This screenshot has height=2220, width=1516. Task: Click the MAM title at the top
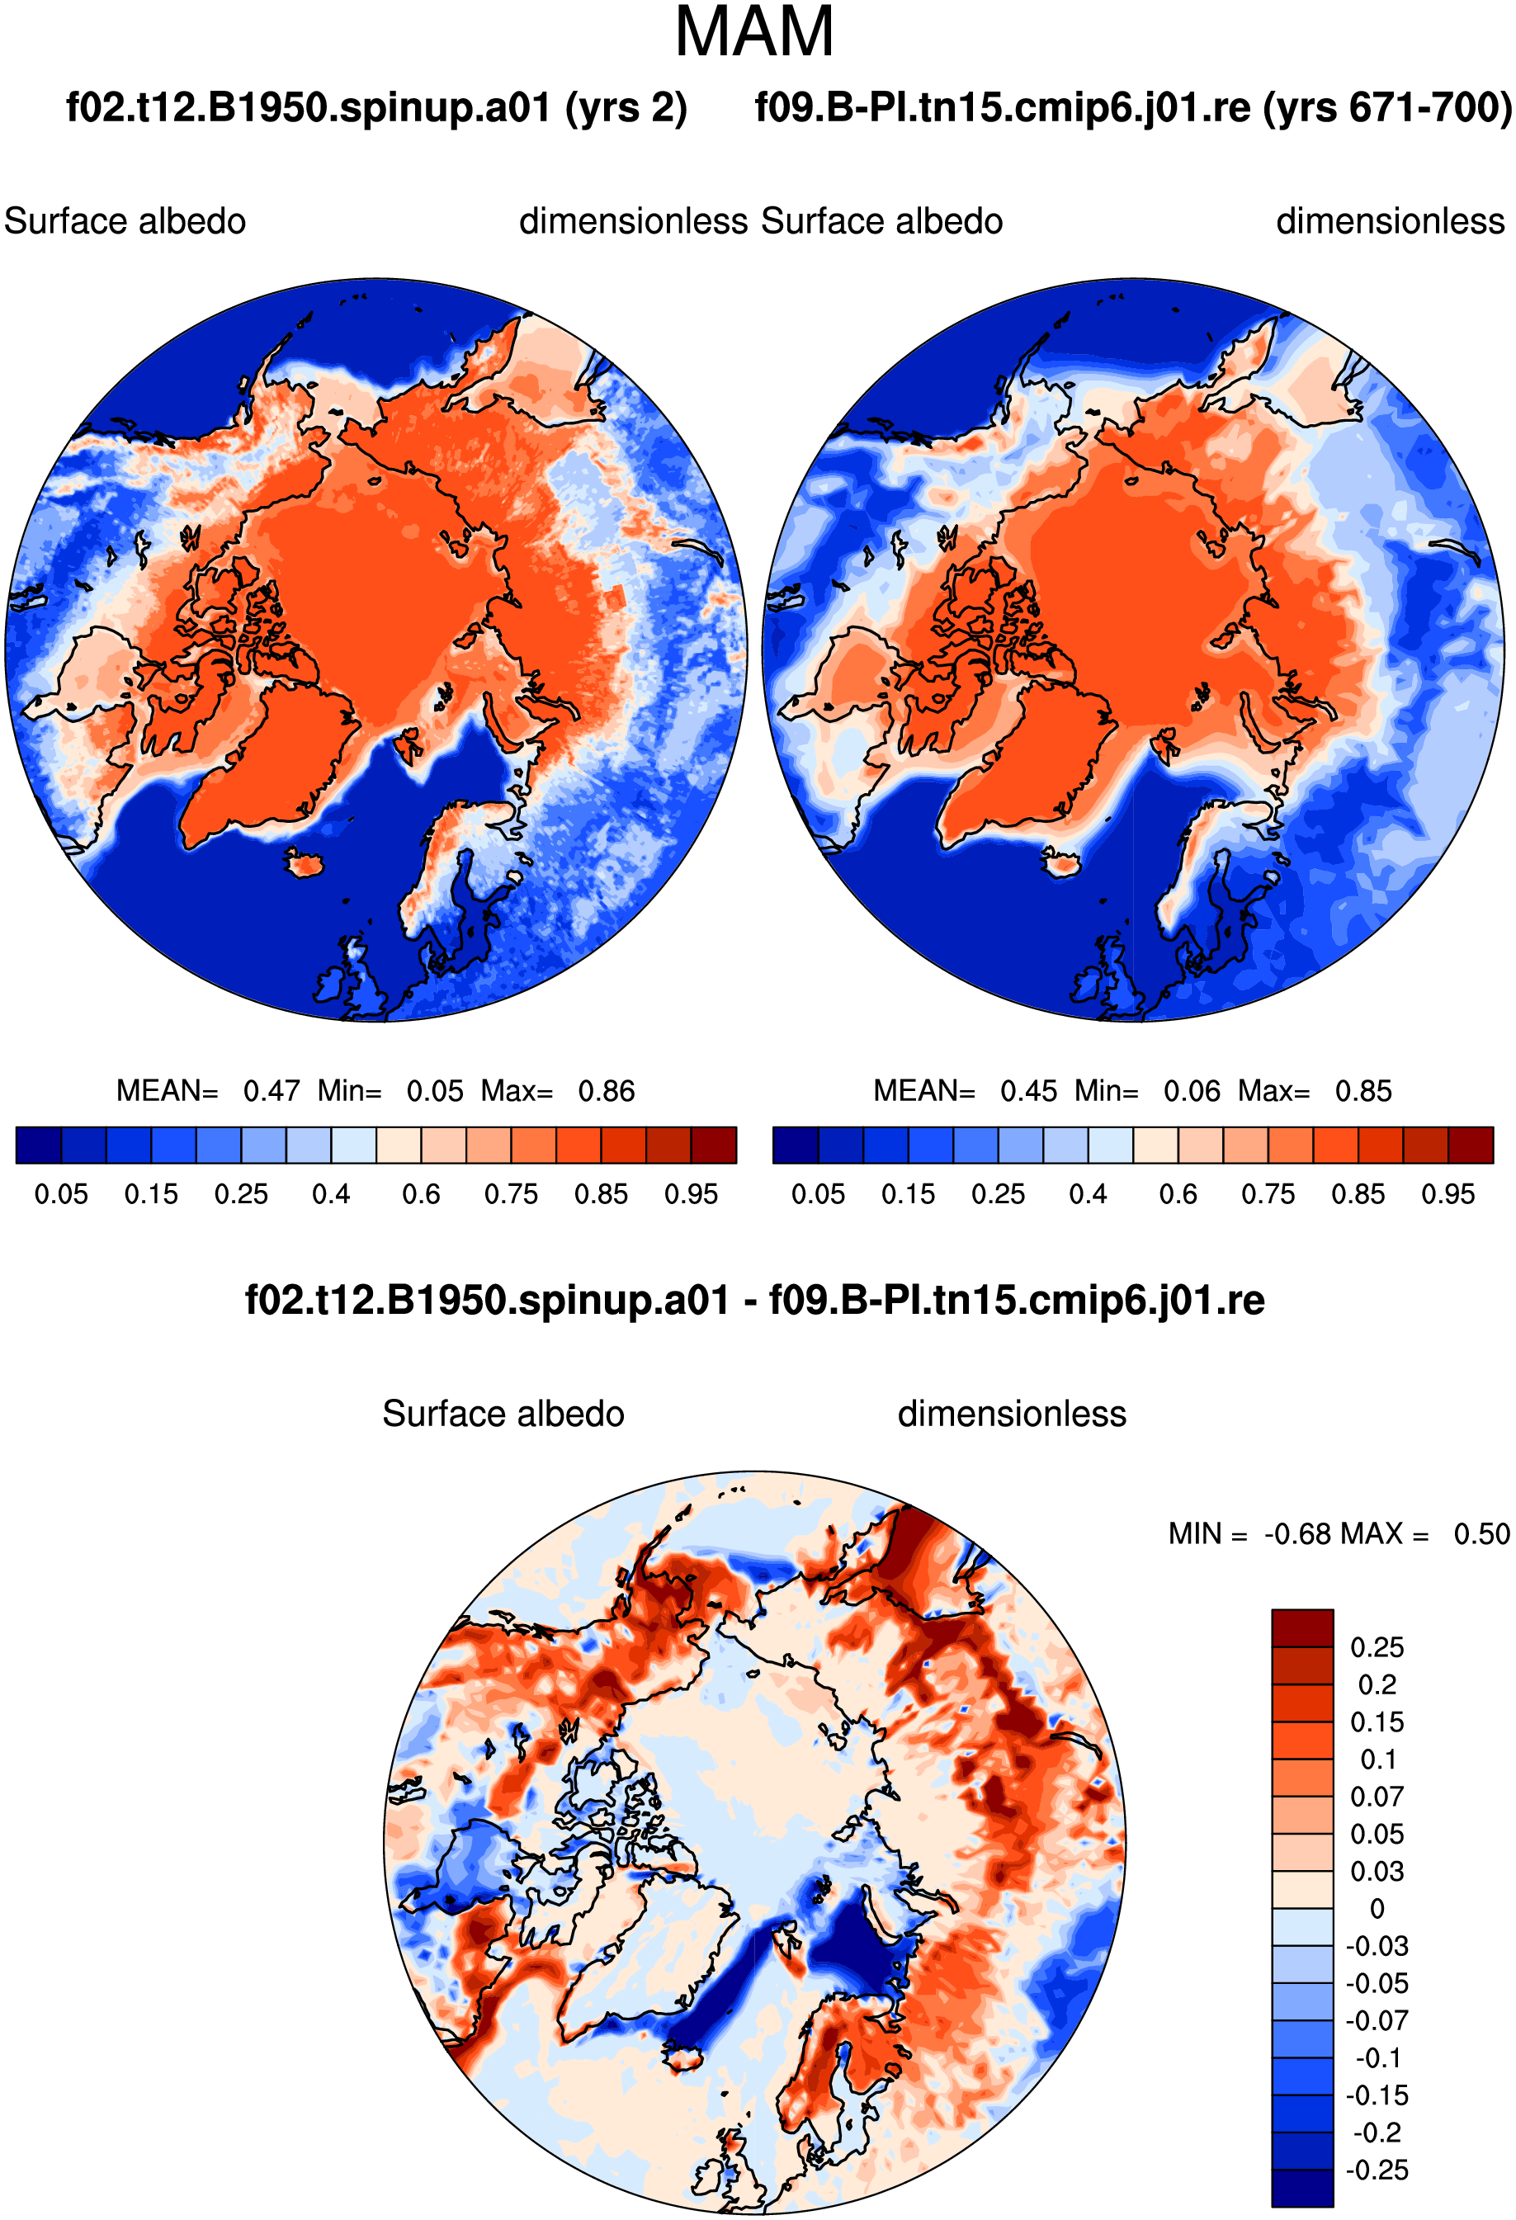click(x=753, y=31)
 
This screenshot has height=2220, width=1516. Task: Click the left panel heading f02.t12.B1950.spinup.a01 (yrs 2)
click(x=376, y=108)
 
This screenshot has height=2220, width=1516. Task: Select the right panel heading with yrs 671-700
click(x=1134, y=108)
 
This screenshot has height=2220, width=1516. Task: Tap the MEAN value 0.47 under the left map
click(x=272, y=1091)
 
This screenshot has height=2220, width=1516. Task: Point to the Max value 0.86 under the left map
click(x=606, y=1091)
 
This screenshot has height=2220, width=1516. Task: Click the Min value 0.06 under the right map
click(x=1191, y=1091)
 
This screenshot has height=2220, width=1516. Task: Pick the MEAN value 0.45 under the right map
click(x=1028, y=1091)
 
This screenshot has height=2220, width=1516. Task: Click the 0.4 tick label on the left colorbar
click(x=331, y=1194)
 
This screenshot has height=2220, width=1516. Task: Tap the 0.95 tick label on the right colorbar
click(x=1448, y=1194)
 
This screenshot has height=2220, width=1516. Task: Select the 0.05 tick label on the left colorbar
click(x=61, y=1194)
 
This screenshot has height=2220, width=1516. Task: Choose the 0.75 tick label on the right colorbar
click(x=1268, y=1194)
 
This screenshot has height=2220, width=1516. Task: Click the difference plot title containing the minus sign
click(x=754, y=1300)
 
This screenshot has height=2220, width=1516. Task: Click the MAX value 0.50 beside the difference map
click(x=1481, y=1534)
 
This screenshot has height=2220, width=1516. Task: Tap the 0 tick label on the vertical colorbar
click(x=1377, y=1909)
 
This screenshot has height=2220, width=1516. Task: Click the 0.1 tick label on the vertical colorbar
click(x=1377, y=1759)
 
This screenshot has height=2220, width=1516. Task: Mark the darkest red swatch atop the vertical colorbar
click(x=1302, y=1627)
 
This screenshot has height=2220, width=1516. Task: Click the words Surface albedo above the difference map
click(x=503, y=1414)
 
